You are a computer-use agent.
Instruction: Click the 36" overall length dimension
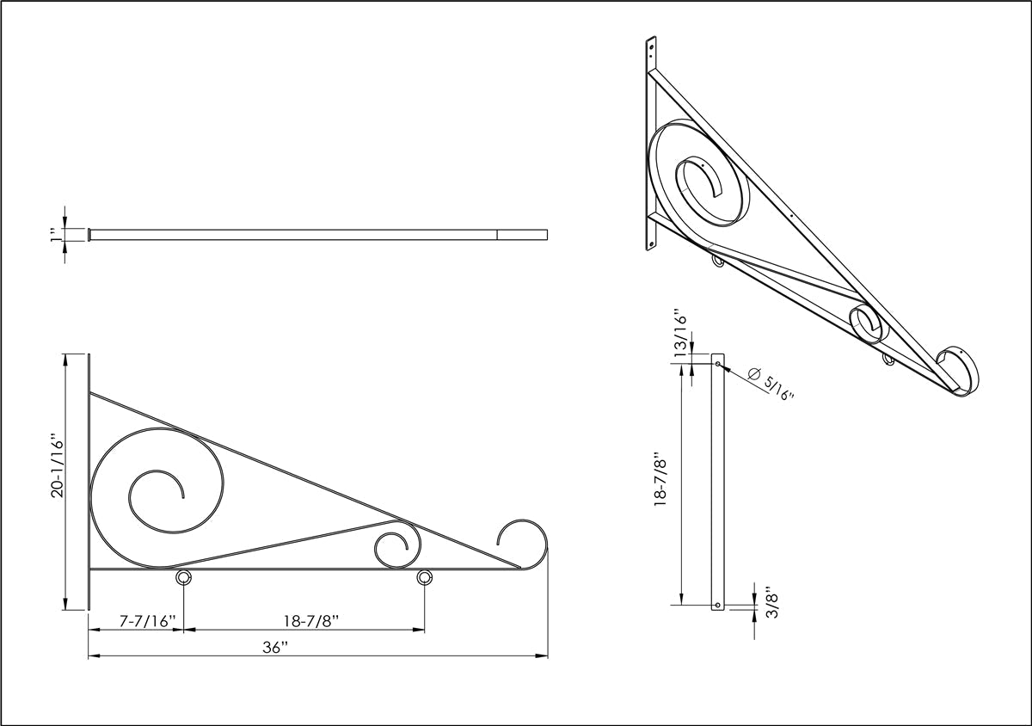[274, 648]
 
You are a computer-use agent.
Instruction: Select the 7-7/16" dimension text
[148, 620]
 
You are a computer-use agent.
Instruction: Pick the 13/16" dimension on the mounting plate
[680, 335]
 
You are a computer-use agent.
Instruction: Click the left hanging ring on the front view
[183, 578]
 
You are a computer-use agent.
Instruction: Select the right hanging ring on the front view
[424, 578]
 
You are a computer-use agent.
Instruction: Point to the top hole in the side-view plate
[716, 364]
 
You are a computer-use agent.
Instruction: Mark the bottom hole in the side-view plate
[716, 606]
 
